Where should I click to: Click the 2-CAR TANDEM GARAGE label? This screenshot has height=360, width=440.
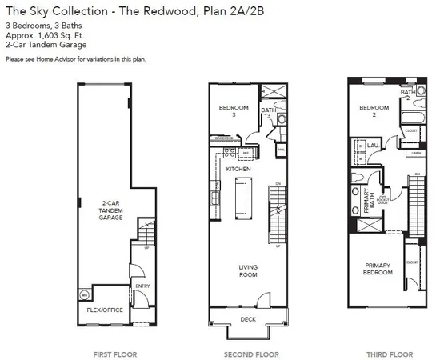pyautogui.click(x=110, y=211)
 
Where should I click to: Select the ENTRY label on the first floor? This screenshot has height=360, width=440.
pyautogui.click(x=143, y=284)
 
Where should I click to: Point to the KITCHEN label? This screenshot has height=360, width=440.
pyautogui.click(x=238, y=170)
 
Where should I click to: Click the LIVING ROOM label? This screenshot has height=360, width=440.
pyautogui.click(x=250, y=271)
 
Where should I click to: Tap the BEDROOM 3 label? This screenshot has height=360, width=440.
pyautogui.click(x=234, y=111)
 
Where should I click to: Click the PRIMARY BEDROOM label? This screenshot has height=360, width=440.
pyautogui.click(x=378, y=269)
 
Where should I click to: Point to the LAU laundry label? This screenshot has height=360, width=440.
pyautogui.click(x=373, y=146)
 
